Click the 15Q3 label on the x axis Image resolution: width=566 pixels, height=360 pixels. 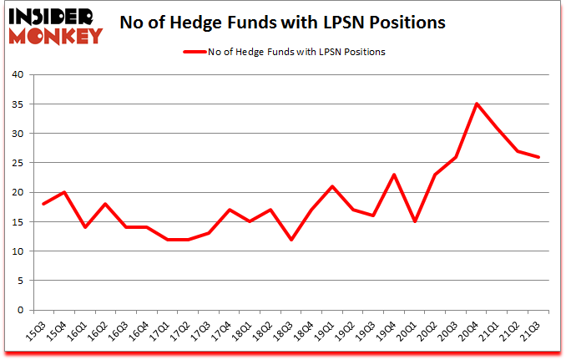point(37,331)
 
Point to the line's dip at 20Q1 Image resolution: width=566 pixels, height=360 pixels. point(414,221)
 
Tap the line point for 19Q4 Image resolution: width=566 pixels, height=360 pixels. point(393,175)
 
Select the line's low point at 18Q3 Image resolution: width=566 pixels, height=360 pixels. point(290,240)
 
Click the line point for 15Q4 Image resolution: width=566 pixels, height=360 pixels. point(63,192)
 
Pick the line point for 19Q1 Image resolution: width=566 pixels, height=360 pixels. point(331,186)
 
